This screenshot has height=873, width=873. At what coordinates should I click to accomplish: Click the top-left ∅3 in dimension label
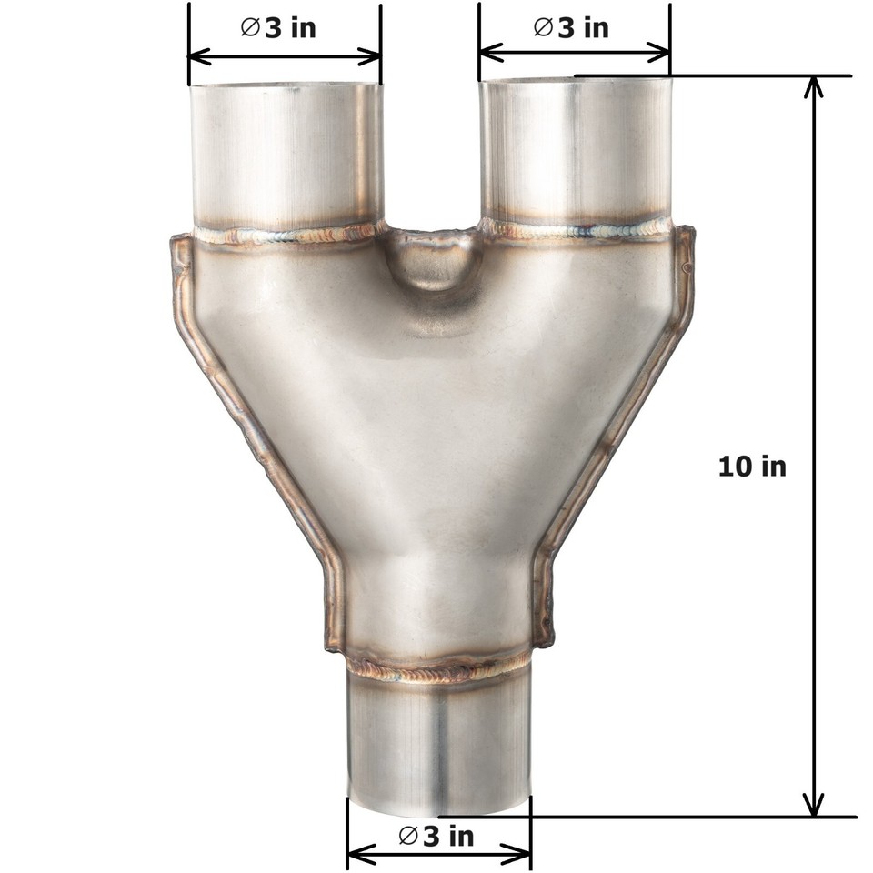[x=278, y=27]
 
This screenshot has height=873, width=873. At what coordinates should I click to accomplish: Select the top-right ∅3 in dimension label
[x=571, y=27]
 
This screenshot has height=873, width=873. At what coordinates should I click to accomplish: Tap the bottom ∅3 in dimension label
[x=436, y=836]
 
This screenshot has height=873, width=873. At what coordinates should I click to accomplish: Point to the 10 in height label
[x=752, y=467]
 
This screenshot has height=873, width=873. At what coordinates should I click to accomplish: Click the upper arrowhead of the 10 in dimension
[x=814, y=85]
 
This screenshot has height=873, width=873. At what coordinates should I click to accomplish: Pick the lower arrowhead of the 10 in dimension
[x=814, y=806]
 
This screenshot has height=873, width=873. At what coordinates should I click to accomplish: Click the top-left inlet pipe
[x=284, y=155]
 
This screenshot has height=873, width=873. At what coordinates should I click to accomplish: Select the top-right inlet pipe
[x=575, y=150]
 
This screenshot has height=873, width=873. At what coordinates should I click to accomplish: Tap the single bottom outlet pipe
[x=438, y=746]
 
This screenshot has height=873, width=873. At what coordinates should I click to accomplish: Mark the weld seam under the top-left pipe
[x=286, y=236]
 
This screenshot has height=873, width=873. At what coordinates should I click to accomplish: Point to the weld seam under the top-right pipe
[x=577, y=230]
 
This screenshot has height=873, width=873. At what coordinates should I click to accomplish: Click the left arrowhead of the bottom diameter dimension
[x=356, y=854]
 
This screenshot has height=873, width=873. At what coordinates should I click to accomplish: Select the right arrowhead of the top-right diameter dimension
[x=662, y=53]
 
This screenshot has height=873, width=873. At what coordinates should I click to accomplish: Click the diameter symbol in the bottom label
[x=408, y=836]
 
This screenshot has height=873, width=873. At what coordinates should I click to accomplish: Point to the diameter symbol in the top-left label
[x=250, y=27]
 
